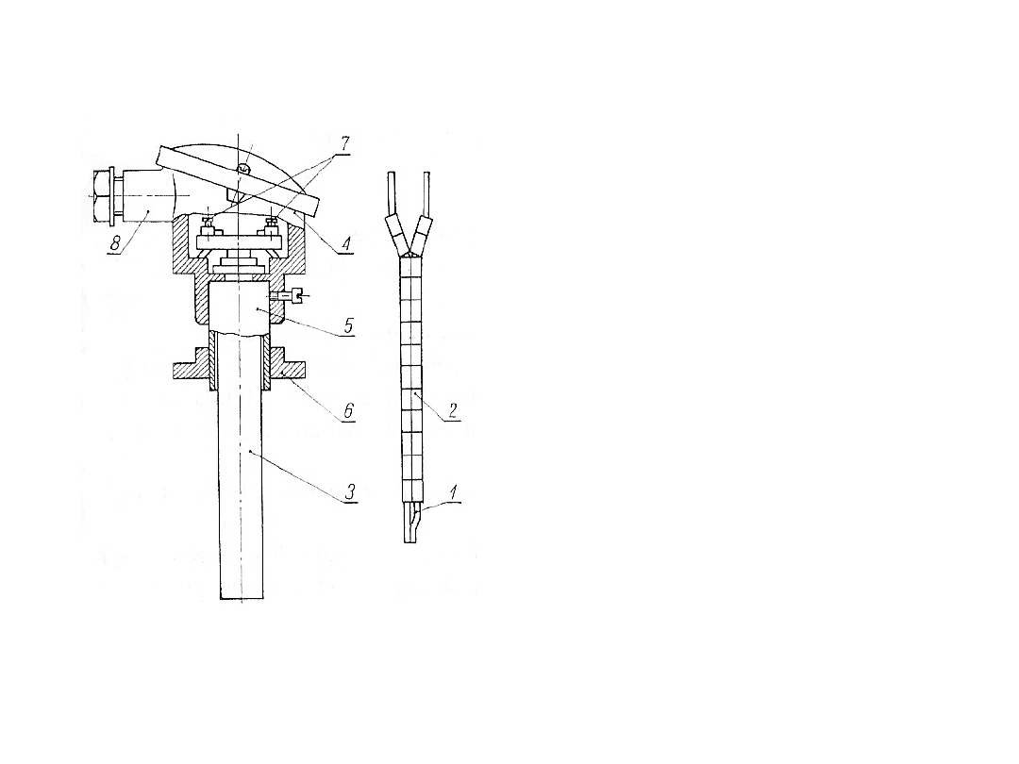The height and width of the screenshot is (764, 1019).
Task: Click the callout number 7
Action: [345, 143]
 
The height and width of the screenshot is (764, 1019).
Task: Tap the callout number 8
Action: [115, 243]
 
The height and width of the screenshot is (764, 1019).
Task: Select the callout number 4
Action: [345, 243]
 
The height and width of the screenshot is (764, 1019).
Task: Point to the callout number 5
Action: [348, 324]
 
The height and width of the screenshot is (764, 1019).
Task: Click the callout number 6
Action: [348, 410]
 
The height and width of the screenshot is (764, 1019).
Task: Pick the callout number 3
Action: [350, 491]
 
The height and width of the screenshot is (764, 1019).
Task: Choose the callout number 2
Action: [452, 410]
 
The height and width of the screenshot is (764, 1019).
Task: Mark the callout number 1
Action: [453, 491]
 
